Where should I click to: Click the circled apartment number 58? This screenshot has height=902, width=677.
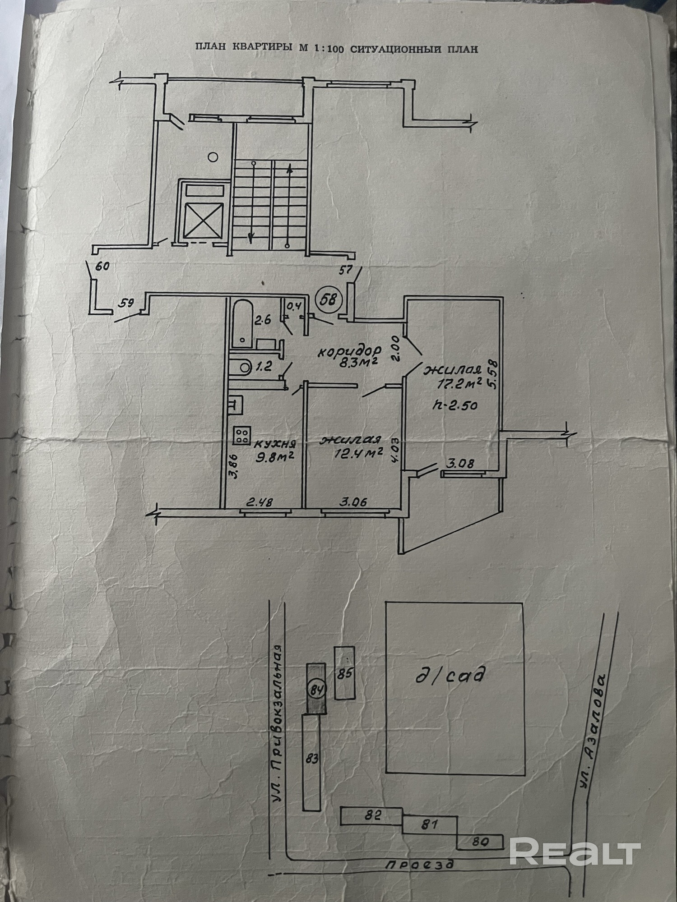click(329, 299)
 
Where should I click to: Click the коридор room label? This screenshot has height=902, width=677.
click(349, 351)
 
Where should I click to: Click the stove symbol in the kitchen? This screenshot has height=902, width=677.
click(241, 435)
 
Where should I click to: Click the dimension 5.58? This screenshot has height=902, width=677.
click(492, 373)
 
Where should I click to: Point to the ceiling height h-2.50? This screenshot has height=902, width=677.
click(455, 405)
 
